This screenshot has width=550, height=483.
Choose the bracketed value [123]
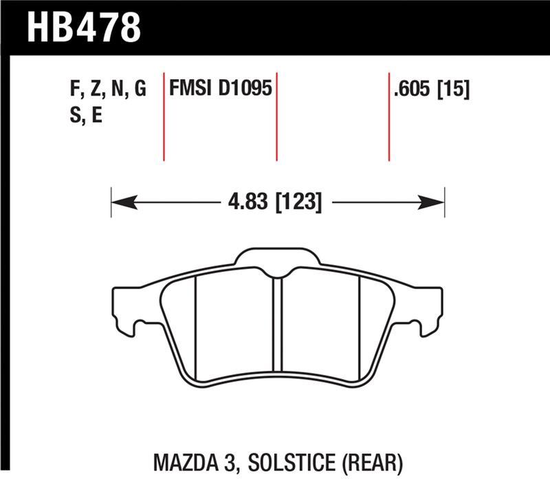click(298, 202)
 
